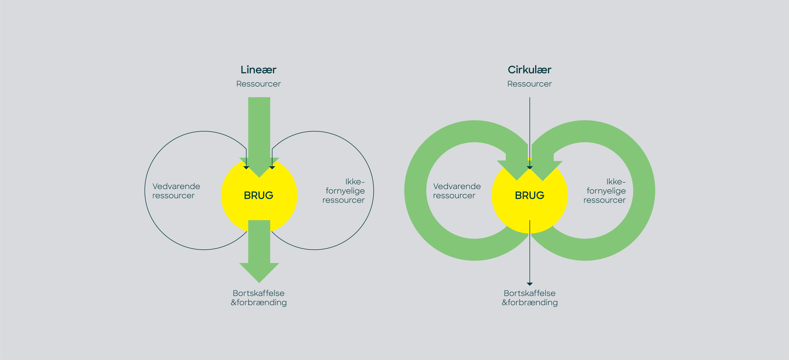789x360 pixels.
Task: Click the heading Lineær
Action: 258,70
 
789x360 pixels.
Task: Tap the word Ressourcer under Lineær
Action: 258,84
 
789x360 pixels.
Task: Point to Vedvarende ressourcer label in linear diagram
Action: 176,191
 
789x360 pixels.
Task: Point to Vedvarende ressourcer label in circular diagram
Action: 457,191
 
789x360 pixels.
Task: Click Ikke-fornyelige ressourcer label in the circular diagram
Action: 605,191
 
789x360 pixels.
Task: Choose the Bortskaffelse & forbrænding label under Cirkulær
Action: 530,298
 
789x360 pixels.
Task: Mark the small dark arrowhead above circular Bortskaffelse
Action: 530,284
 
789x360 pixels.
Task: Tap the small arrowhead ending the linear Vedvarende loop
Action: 246,168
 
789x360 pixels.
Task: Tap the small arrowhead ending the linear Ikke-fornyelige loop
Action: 272,168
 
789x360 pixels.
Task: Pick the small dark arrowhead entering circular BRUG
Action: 530,168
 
